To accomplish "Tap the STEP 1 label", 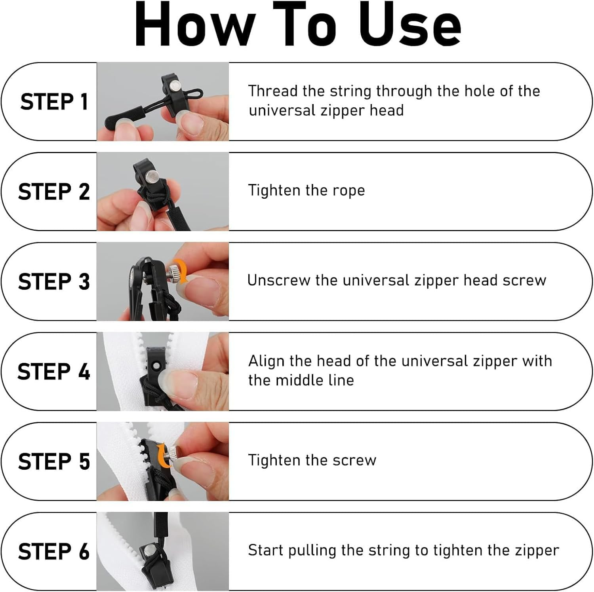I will [54, 102].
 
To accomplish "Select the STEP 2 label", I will [54, 192].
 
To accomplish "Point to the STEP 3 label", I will [54, 281].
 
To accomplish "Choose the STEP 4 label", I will [54, 372].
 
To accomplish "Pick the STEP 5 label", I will [54, 461].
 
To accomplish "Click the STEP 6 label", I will [54, 551].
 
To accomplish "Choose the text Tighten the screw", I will [312, 460].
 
